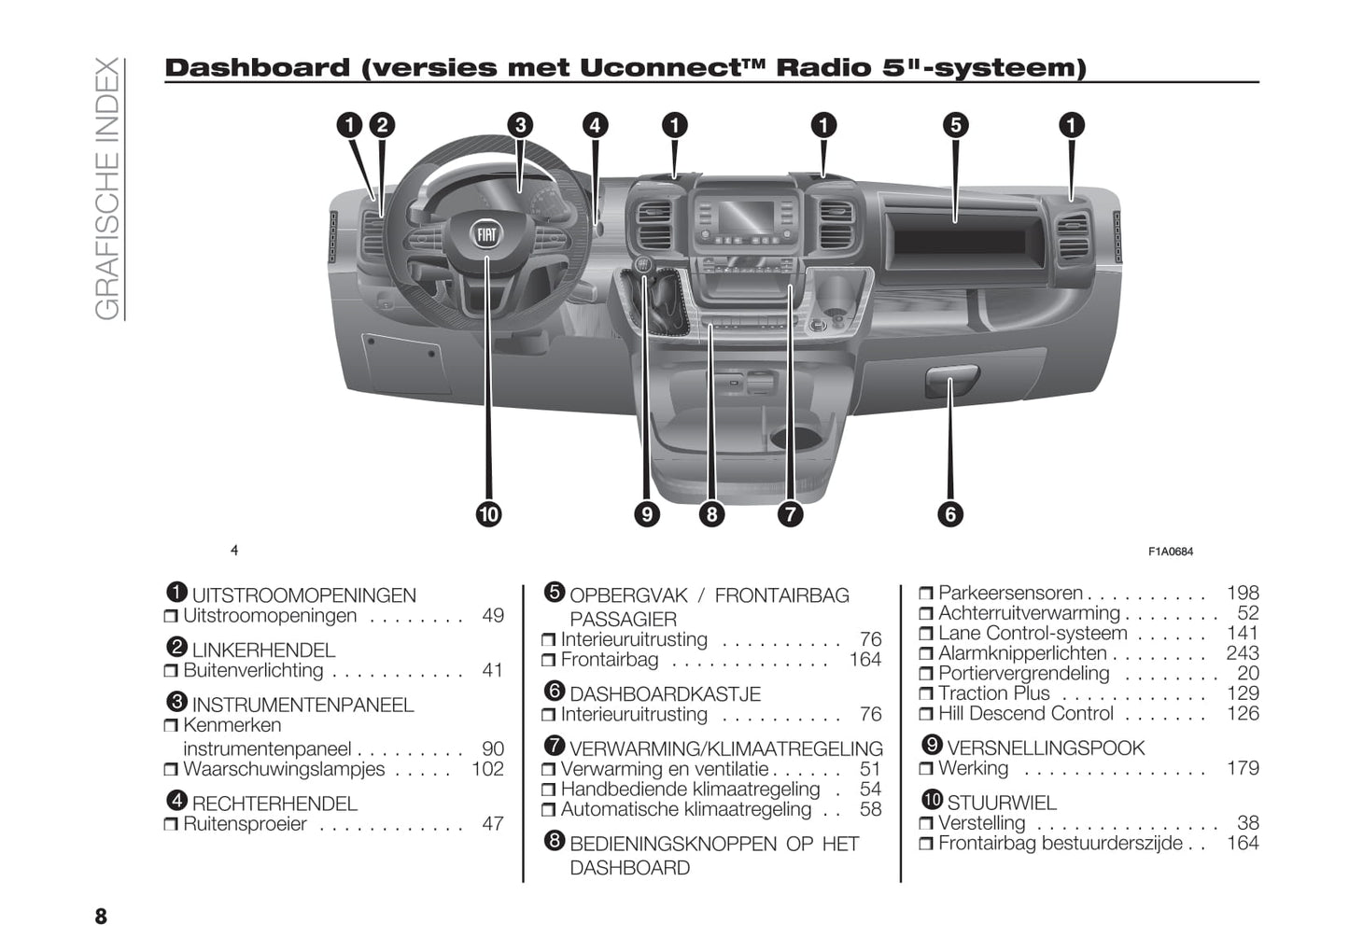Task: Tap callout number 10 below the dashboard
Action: pos(488,514)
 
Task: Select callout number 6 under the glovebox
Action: pos(950,514)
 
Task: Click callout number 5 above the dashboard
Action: pos(955,125)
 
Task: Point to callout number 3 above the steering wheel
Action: pos(520,125)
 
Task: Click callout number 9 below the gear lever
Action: pos(646,514)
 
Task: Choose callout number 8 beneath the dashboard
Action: pos(711,514)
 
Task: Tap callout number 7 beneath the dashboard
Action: pos(790,514)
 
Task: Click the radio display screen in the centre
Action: pos(745,218)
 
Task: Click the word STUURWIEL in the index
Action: pos(1002,803)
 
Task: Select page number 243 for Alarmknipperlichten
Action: pos(1243,653)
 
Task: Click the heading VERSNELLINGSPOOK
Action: pos(1045,748)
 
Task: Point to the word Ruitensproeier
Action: pos(245,824)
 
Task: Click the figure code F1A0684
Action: pos(1171,552)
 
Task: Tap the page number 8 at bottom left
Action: pos(101,916)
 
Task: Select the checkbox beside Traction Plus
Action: pos(925,694)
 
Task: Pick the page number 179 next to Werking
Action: pos(1243,768)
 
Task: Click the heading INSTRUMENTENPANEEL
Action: pos(302,705)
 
